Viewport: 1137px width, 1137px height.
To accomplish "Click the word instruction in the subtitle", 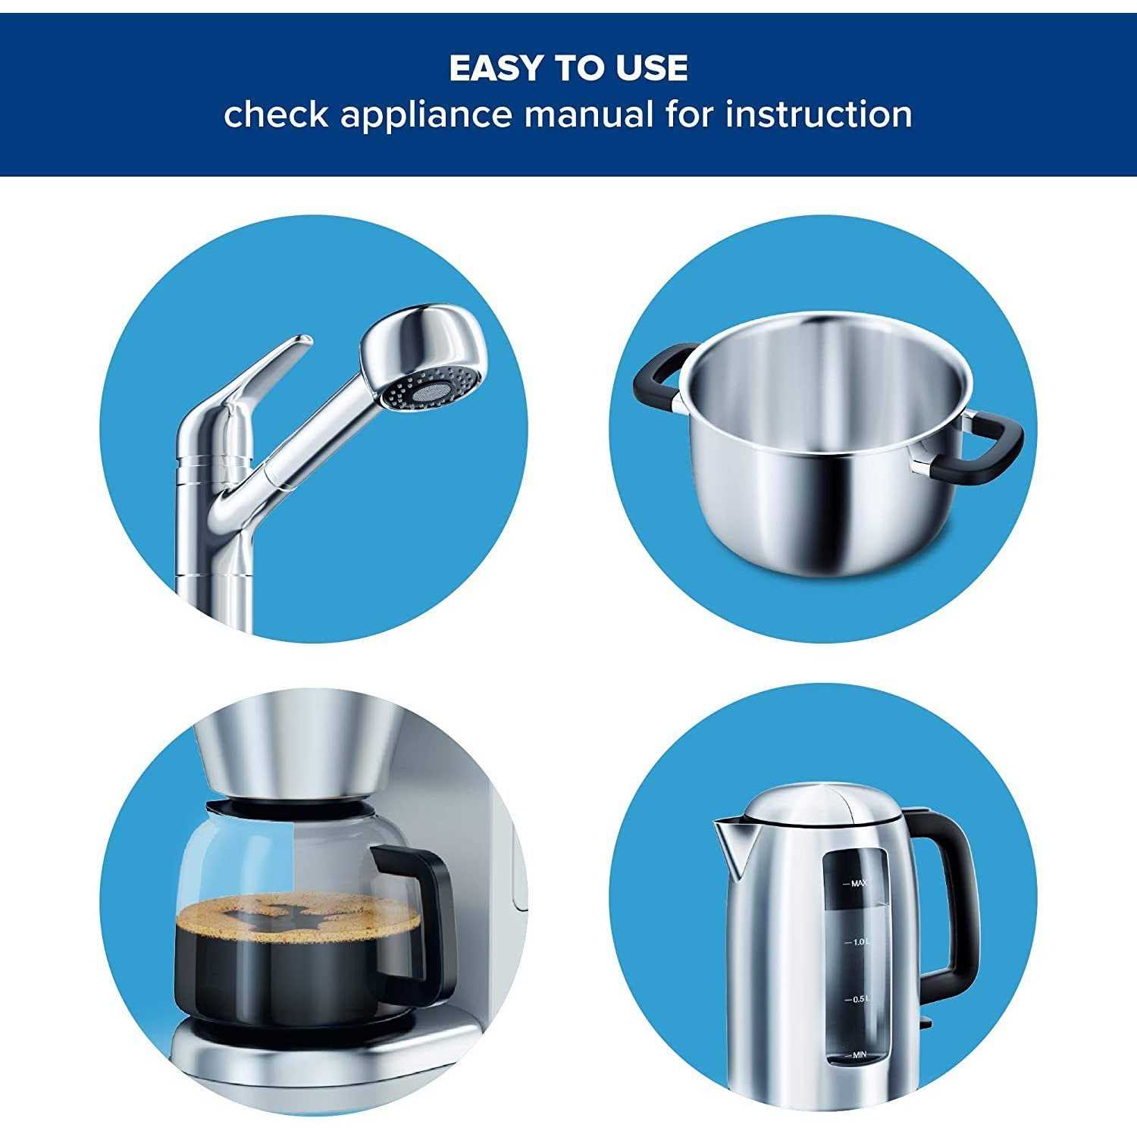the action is point(819,114).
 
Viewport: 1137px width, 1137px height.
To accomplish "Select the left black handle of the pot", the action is point(659,375).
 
